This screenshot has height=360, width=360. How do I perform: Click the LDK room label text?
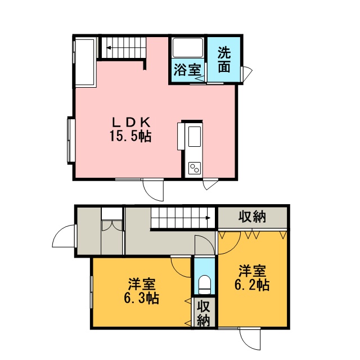[x=131, y=122]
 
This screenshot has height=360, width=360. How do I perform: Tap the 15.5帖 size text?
[x=130, y=136]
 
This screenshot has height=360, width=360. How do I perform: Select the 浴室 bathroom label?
[x=187, y=70]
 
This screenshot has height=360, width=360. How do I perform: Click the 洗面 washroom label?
[x=224, y=60]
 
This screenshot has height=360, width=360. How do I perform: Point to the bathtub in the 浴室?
[x=187, y=48]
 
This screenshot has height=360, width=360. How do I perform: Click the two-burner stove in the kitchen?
[x=195, y=168]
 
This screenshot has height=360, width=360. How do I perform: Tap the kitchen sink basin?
[x=195, y=136]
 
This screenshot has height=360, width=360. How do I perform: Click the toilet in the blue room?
[x=204, y=284]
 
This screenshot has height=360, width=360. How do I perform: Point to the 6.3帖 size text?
[x=141, y=298]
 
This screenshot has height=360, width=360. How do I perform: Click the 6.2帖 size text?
[x=252, y=285]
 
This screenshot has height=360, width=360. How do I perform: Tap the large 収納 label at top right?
[x=252, y=217]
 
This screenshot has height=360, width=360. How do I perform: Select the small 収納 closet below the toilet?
[x=204, y=313]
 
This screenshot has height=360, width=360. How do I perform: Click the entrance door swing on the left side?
[x=64, y=236]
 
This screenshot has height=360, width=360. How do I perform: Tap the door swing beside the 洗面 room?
[x=247, y=73]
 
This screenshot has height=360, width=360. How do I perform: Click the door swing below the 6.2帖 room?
[x=250, y=339]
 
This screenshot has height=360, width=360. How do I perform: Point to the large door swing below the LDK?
[x=153, y=190]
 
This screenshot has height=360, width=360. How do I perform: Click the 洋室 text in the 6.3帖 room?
[x=142, y=284]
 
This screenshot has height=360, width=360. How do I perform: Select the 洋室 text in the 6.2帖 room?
[x=252, y=271]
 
